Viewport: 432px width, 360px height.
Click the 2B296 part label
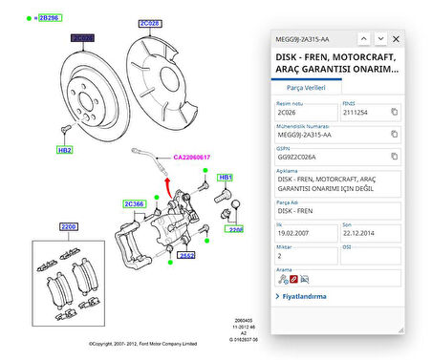pos(49,17)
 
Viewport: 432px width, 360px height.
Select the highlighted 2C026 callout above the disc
pos(82,39)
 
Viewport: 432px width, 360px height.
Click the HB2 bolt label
pos(65,150)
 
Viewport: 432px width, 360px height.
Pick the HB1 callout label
pos(226,178)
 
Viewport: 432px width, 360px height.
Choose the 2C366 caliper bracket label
pos(133,203)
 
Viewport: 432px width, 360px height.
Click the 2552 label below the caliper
pos(187,256)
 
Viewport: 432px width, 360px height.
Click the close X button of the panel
pos(397,39)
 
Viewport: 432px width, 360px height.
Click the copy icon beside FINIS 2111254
pos(394,113)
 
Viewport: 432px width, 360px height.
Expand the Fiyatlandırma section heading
pos(305,296)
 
